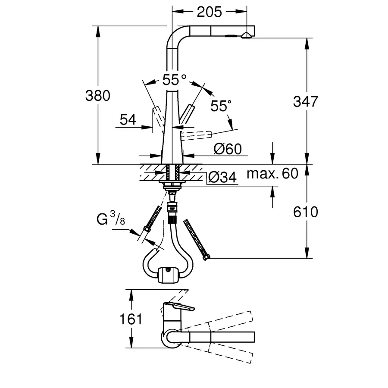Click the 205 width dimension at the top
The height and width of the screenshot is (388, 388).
click(x=209, y=12)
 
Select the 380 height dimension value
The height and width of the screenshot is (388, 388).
click(x=98, y=96)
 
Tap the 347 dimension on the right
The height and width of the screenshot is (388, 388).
click(x=305, y=102)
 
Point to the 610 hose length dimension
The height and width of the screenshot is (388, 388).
click(x=305, y=212)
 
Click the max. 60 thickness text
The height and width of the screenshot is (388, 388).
click(x=272, y=174)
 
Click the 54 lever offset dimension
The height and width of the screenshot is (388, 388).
click(x=128, y=120)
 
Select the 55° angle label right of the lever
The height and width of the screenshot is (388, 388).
click(x=221, y=106)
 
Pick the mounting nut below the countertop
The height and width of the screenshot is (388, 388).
click(x=172, y=185)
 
